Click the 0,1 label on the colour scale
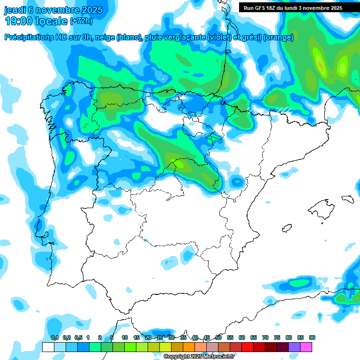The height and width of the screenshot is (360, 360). pyautogui.click(x=55, y=337)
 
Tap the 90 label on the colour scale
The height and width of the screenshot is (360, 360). pyautogui.click(x=312, y=337)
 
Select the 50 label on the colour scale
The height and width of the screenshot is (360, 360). pyautogui.click(x=218, y=337)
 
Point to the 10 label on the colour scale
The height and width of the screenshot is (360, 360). pyautogui.click(x=125, y=337)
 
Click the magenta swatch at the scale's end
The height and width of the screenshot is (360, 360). pyautogui.click(x=306, y=347)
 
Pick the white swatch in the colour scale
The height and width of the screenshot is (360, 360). pyautogui.click(x=48, y=347)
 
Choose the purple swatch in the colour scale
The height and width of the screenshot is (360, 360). pyautogui.click(x=294, y=347)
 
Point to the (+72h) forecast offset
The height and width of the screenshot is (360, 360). pyautogui.click(x=81, y=21)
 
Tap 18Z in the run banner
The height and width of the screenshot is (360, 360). pyautogui.click(x=275, y=8)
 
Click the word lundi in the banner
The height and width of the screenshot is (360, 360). pyautogui.click(x=297, y=8)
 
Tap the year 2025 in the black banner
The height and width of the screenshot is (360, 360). pyautogui.click(x=335, y=8)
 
